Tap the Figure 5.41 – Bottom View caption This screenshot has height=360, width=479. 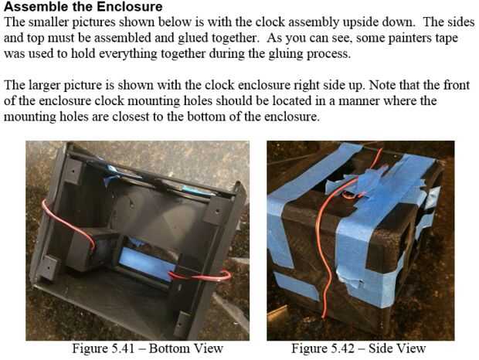coord(148,348)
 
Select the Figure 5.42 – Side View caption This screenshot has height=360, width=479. coord(358,348)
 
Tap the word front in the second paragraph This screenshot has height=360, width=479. coord(457,85)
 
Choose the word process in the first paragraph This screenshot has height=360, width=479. coord(328,55)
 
